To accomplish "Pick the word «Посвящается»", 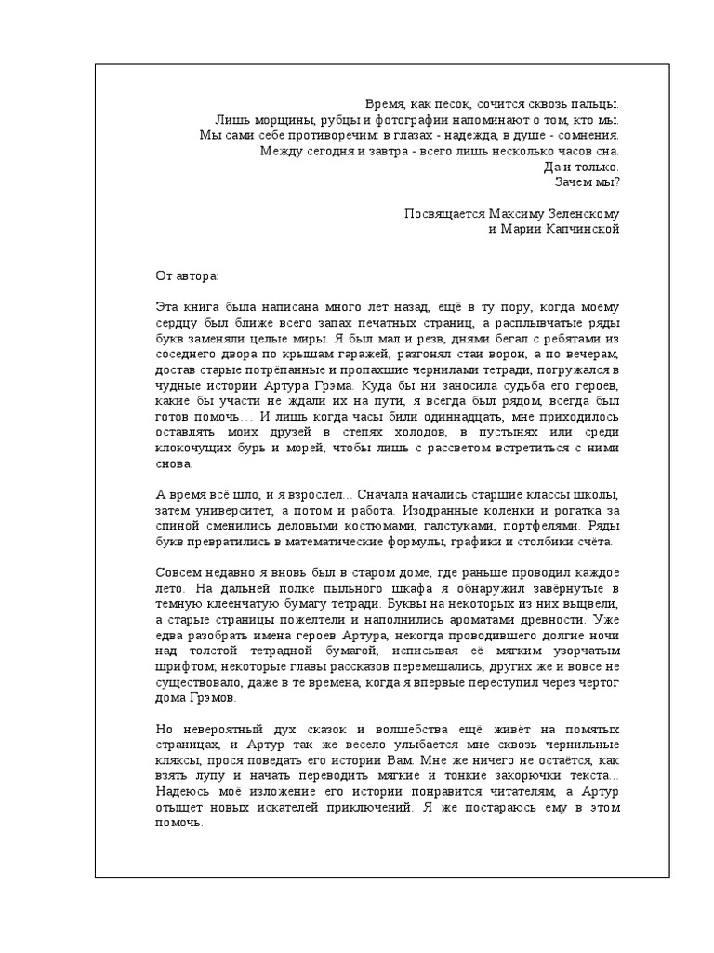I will click(441, 213).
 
